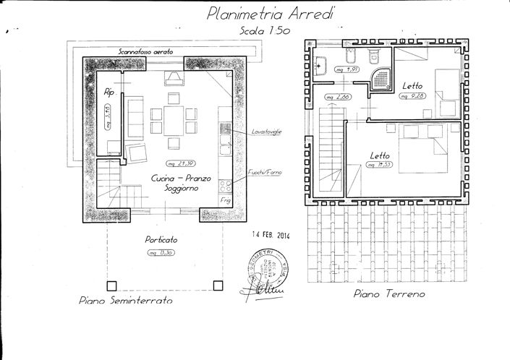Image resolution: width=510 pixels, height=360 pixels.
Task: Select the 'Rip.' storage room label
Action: tap(110, 93)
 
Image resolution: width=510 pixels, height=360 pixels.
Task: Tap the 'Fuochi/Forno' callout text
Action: tap(263, 173)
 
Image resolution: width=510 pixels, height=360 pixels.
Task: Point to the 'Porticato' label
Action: tap(161, 239)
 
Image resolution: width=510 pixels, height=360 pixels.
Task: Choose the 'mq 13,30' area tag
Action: tap(161, 252)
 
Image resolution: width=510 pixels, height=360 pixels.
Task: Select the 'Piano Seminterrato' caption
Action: tap(125, 300)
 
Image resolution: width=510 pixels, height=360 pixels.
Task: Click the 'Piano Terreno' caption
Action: tap(388, 294)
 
